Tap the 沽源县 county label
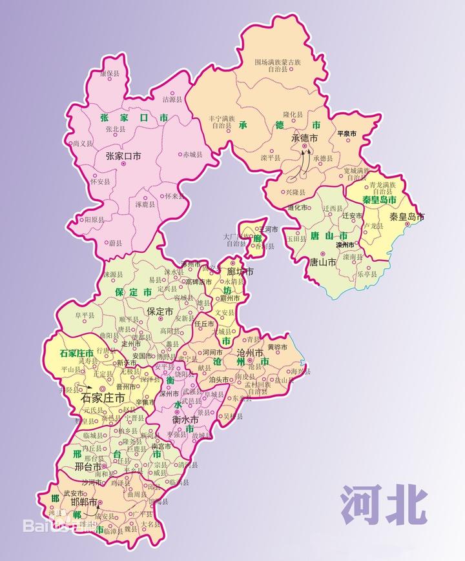pyautogui.click(x=172, y=100)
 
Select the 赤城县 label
pyautogui.click(x=192, y=155)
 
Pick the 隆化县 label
pyautogui.click(x=293, y=114)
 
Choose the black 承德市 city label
pyautogui.click(x=304, y=138)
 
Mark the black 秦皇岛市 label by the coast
pyautogui.click(x=407, y=217)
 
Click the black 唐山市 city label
pyautogui.click(x=322, y=262)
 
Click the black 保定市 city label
pyautogui.click(x=160, y=311)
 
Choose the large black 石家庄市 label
pyautogui.click(x=102, y=399)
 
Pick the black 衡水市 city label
pyautogui.click(x=185, y=420)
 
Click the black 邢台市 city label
pyautogui.click(x=88, y=466)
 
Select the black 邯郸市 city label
pyautogui.click(x=84, y=502)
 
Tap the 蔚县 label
pyautogui.click(x=116, y=243)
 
